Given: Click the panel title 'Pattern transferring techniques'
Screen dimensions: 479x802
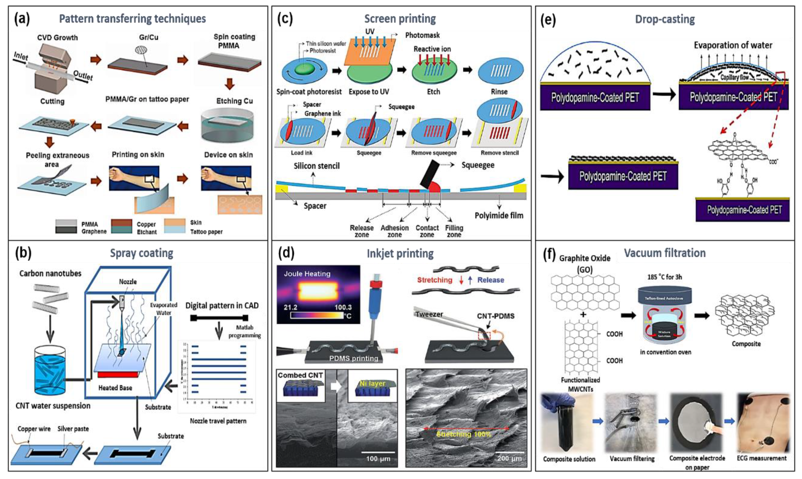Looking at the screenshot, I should pyautogui.click(x=132, y=19).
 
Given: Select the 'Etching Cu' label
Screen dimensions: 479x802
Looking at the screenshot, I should pyautogui.click(x=234, y=101).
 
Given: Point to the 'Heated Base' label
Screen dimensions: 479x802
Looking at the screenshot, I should pyautogui.click(x=115, y=388).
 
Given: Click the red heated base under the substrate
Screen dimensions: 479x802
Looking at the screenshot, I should pyautogui.click(x=118, y=374).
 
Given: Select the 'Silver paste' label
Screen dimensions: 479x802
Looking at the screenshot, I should pyautogui.click(x=73, y=429).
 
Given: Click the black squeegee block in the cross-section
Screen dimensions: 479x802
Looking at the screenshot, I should pyautogui.click(x=429, y=174).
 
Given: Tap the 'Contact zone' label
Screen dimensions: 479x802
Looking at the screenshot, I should pyautogui.click(x=427, y=231).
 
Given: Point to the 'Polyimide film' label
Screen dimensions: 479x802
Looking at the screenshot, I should pyautogui.click(x=499, y=215).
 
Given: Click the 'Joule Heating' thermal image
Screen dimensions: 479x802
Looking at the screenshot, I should pyautogui.click(x=318, y=294).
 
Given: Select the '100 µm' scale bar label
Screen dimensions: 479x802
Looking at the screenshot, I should pyautogui.click(x=378, y=458).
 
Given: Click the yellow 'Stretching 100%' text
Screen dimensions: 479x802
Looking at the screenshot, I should pyautogui.click(x=464, y=434).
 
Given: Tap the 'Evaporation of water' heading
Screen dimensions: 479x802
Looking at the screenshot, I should pyautogui.click(x=733, y=45).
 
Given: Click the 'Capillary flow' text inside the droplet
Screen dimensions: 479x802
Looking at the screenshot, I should pyautogui.click(x=734, y=77).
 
